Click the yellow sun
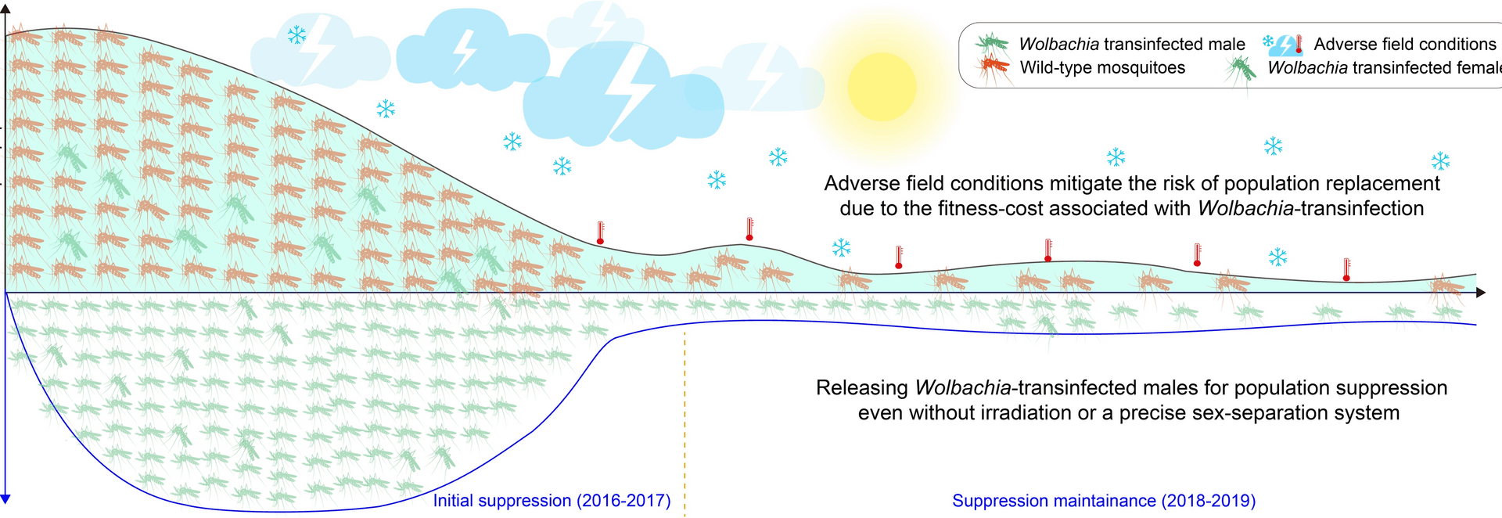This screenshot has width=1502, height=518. [882, 87]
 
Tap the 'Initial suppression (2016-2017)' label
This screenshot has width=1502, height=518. [552, 501]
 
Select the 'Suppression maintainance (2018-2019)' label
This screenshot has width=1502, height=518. [1103, 501]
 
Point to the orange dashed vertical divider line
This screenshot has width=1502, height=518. [685, 423]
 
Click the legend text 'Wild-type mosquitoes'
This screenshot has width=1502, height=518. [1101, 68]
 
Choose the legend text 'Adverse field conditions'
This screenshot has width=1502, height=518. [1404, 44]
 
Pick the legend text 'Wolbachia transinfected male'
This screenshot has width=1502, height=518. [1131, 44]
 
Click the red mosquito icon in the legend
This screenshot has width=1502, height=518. [994, 67]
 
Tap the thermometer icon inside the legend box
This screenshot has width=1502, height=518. [1299, 44]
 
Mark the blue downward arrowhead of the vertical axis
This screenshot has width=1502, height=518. [5, 498]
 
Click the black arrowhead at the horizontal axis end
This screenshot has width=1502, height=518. [1480, 293]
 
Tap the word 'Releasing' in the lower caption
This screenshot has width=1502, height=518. [861, 388]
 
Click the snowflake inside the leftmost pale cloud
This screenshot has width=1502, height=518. [296, 35]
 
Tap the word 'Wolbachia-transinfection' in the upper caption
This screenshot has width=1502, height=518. [1310, 209]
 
